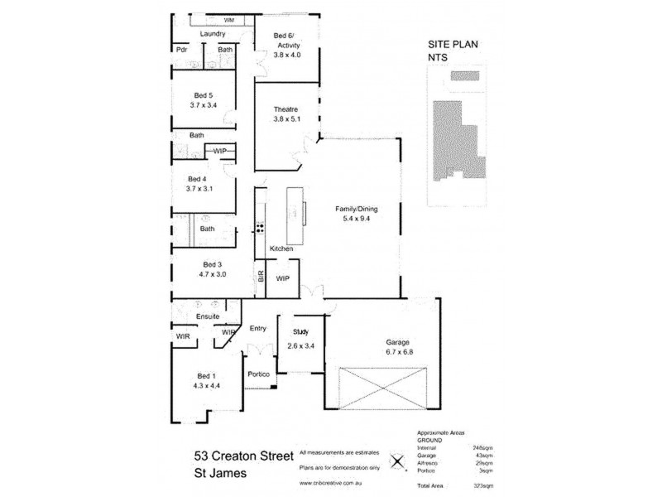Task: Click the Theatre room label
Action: (x=285, y=109)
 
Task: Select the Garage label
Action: (x=398, y=341)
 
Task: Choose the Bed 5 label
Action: (x=204, y=95)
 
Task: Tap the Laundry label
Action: (x=213, y=34)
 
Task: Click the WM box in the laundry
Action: (x=228, y=19)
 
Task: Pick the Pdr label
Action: (x=181, y=50)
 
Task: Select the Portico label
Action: (x=258, y=374)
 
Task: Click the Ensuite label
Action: (x=207, y=316)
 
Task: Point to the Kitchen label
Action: (x=282, y=248)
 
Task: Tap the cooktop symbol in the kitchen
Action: (x=260, y=227)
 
